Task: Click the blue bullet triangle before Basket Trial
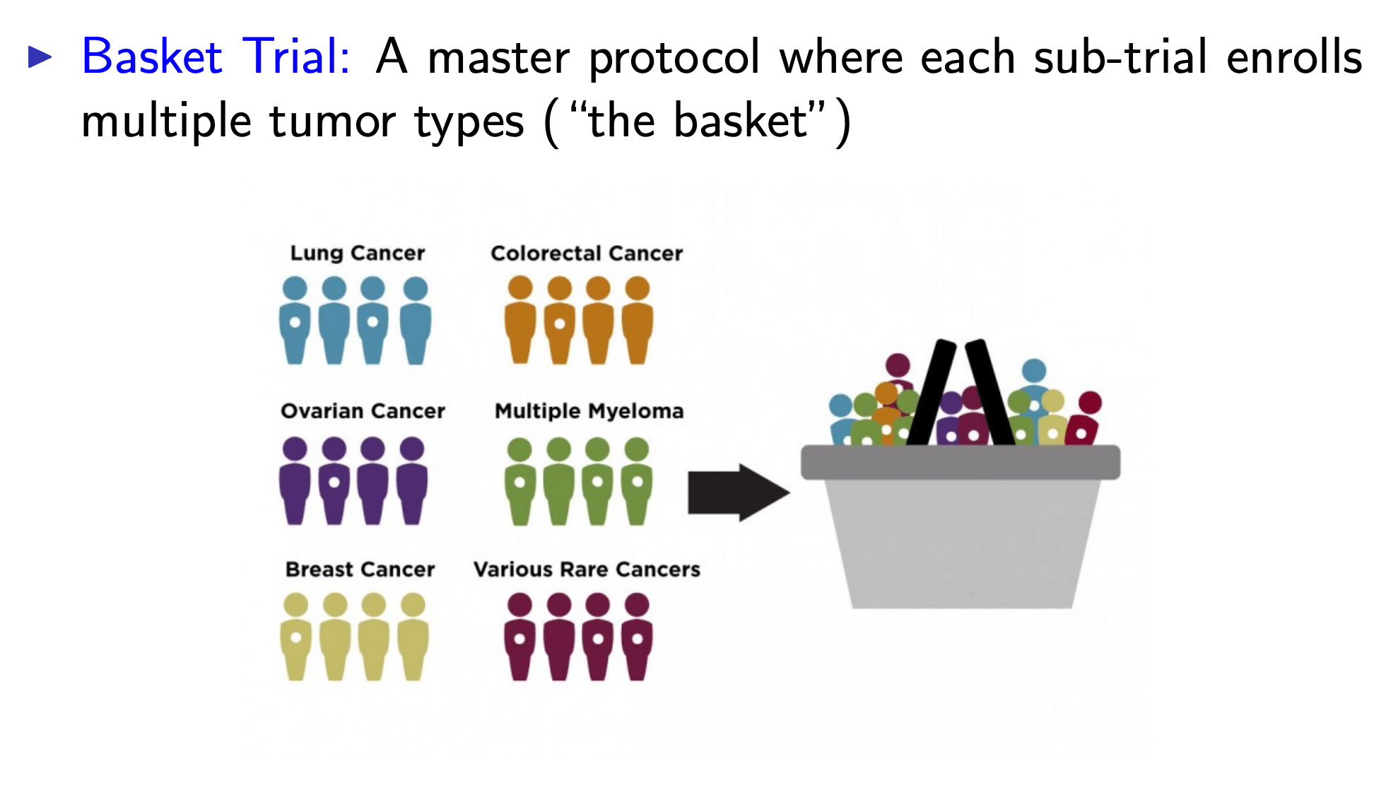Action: click(40, 57)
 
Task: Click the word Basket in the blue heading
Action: click(152, 57)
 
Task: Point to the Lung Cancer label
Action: click(358, 253)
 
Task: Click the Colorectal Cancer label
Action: click(587, 253)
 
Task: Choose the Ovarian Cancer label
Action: click(363, 410)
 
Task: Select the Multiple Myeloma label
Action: click(589, 410)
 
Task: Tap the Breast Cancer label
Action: click(360, 569)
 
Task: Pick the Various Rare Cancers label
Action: click(587, 569)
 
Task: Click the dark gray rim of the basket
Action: click(960, 463)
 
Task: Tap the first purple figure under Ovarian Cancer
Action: click(295, 480)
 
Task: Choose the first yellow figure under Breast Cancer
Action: click(295, 637)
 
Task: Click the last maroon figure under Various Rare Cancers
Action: click(637, 637)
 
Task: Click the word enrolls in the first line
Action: click(1294, 57)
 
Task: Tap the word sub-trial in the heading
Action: click(1120, 57)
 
